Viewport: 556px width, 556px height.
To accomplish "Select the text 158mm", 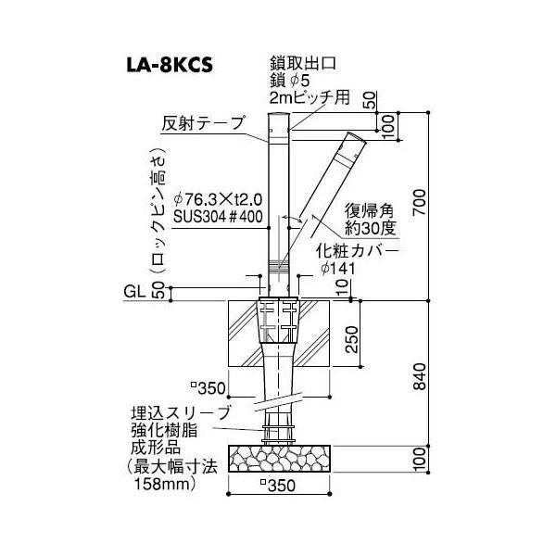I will point(167,483).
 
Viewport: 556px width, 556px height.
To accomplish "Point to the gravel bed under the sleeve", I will point(278,457).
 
